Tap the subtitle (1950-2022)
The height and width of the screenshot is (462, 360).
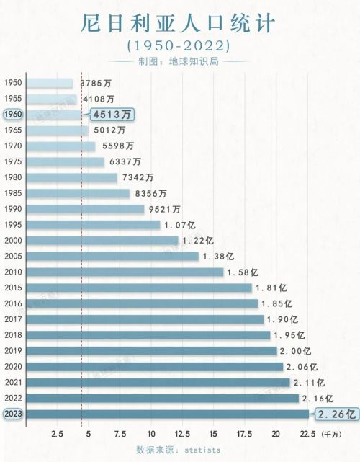[x=179, y=45]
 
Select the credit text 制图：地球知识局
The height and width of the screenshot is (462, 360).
[x=180, y=62]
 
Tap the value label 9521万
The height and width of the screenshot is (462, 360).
[x=165, y=209]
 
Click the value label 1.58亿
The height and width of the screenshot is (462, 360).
[x=241, y=272]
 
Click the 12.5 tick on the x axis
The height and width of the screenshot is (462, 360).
[x=182, y=434]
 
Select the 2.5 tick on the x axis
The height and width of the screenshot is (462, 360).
[x=59, y=434]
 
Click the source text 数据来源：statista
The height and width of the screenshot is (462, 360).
[x=180, y=449]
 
